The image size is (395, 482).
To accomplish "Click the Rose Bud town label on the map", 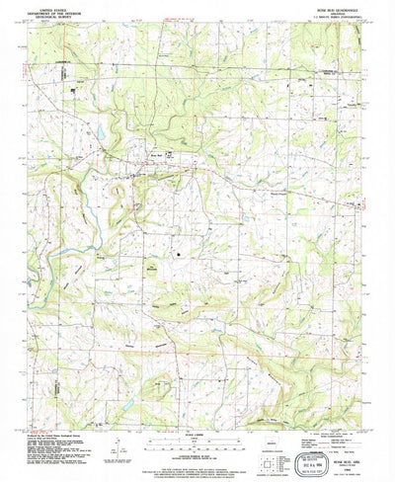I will (154, 153).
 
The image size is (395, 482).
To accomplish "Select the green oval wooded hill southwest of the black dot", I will (151, 269).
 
